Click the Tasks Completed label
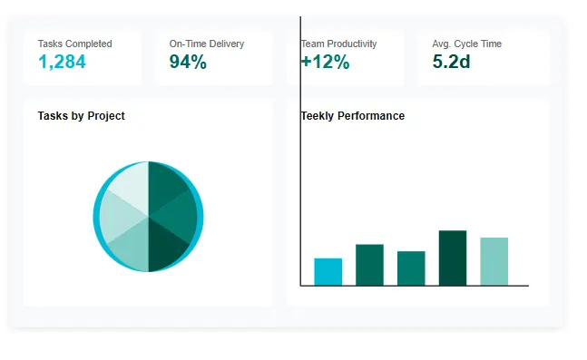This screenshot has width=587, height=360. point(74,44)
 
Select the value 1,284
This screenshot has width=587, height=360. point(63,62)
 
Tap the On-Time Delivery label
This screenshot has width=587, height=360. point(207,44)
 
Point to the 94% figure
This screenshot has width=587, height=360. point(188,62)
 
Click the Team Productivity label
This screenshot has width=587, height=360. point(339,44)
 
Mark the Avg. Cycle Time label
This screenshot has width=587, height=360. point(466,44)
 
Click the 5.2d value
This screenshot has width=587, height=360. point(451,62)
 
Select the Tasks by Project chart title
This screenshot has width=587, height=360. point(81,116)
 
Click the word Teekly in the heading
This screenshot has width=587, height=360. point(318,116)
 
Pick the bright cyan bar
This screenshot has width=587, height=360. point(328,272)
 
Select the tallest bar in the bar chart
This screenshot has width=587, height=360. point(453,258)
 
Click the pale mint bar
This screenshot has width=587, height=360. point(494,262)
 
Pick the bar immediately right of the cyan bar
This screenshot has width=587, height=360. point(369,265)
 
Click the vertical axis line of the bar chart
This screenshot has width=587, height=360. point(300,181)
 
